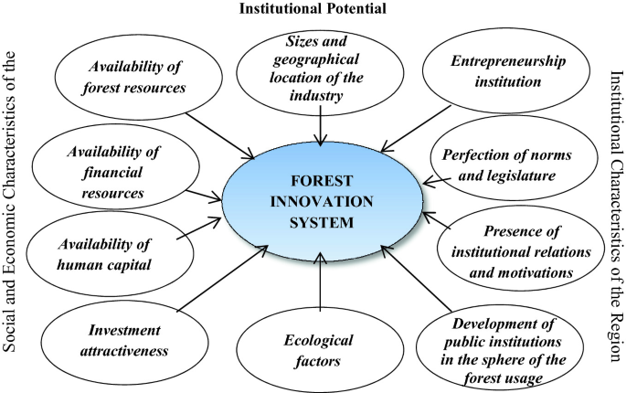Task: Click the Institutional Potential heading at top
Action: (x=312, y=9)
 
